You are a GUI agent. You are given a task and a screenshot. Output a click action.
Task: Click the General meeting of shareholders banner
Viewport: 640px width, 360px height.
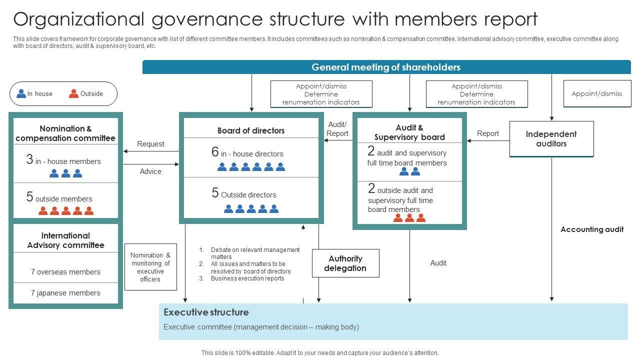[x=386, y=67]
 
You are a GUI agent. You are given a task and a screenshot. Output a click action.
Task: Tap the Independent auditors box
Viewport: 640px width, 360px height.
[x=551, y=139]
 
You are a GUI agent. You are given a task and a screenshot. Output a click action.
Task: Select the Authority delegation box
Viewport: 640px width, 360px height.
[x=345, y=263]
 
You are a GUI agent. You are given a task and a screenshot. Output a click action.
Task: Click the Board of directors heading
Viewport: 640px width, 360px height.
[x=251, y=130]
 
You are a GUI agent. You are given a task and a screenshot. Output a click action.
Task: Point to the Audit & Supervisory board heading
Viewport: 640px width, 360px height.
[x=409, y=132]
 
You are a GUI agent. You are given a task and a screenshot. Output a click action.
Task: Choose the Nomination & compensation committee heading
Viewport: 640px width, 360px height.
[x=65, y=133]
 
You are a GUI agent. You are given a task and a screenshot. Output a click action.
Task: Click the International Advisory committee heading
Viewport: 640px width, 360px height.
[x=65, y=240]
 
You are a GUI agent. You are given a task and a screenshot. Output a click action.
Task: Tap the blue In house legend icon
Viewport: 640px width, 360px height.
[x=21, y=93]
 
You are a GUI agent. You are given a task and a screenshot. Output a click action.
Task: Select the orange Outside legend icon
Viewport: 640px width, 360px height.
[x=73, y=93]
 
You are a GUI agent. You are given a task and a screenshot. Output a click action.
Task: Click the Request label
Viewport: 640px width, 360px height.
[x=150, y=144]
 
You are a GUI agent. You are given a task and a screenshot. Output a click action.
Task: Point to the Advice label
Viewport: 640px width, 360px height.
[x=150, y=171]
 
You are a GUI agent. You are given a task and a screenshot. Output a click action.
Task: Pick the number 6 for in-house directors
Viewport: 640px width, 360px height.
[x=215, y=152]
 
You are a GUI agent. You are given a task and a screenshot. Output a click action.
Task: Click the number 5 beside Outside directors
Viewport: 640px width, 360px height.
[x=215, y=193]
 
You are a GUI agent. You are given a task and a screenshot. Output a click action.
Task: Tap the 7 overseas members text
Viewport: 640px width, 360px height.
[x=65, y=272]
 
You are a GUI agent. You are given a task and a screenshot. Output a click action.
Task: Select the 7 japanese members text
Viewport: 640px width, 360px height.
[x=65, y=293]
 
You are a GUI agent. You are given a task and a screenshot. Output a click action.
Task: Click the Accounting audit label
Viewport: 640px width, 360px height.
[x=591, y=229]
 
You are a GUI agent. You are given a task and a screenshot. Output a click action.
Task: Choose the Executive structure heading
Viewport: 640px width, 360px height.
[x=206, y=312]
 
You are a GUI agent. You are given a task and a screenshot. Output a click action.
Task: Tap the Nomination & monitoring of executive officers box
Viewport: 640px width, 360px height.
[x=150, y=267]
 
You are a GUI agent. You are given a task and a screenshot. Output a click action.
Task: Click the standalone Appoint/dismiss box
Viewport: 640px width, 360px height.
[x=596, y=93]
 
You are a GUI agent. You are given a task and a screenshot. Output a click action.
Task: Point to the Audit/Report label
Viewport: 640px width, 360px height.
[x=337, y=129]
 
